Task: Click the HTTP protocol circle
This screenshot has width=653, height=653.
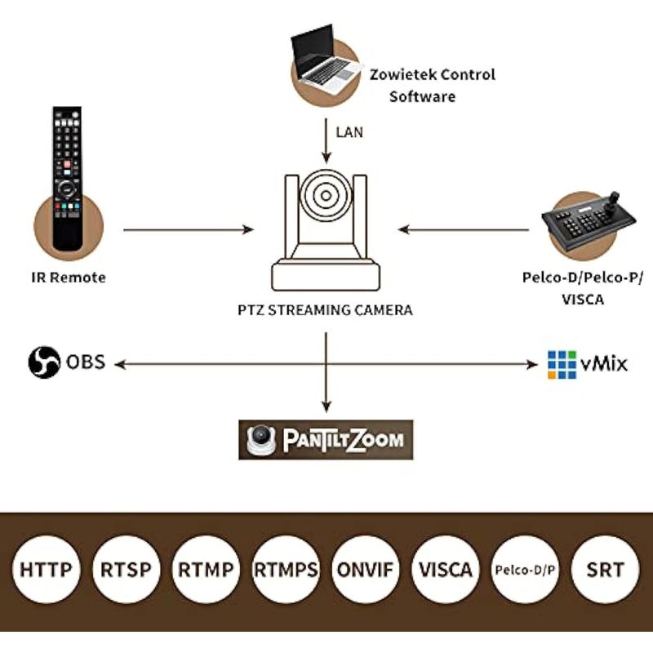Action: (x=46, y=569)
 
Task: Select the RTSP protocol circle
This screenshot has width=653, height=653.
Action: (x=126, y=569)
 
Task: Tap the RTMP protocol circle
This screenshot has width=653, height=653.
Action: (x=206, y=569)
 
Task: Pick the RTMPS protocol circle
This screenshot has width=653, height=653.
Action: (x=286, y=569)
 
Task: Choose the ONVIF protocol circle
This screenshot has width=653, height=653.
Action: (x=366, y=569)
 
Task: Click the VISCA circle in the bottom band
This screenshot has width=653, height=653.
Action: (x=446, y=569)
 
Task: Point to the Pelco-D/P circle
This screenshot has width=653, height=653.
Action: (x=526, y=569)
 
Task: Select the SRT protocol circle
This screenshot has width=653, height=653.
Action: (x=606, y=569)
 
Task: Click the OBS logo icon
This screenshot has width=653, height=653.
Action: (x=44, y=362)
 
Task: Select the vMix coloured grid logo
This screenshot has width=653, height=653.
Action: (x=562, y=364)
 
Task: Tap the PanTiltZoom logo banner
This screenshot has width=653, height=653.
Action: (x=326, y=440)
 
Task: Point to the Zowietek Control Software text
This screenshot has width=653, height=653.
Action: (x=433, y=85)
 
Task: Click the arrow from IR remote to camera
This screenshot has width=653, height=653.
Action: (x=188, y=231)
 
